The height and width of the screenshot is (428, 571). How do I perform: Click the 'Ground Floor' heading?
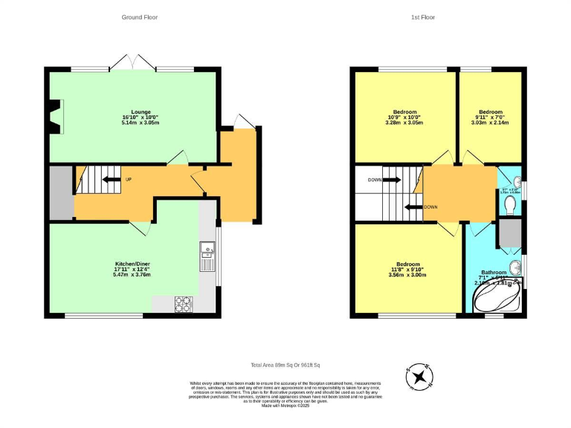click(140, 17)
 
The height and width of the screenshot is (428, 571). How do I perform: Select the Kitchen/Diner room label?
click(132, 269)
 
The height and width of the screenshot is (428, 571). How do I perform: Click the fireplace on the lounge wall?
click(54, 117)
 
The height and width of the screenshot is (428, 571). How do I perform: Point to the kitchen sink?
click(206, 257)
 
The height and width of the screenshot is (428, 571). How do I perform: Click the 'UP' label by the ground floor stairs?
click(129, 179)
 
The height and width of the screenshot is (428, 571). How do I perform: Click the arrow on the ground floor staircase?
click(111, 179)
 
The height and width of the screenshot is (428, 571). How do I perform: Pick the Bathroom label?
click(494, 273)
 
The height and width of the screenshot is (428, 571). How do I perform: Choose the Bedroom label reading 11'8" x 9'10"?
click(407, 269)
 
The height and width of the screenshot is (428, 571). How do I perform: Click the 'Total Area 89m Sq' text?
click(290, 365)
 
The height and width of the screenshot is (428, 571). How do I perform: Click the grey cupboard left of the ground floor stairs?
click(60, 192)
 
